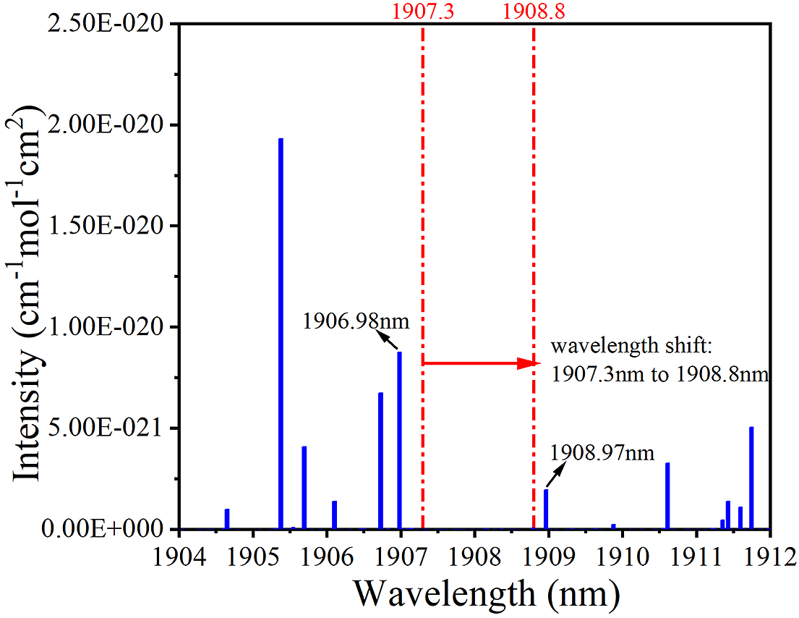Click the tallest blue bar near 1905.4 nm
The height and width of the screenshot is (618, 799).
pyautogui.click(x=281, y=333)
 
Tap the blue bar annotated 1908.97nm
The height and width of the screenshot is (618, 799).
pyautogui.click(x=546, y=509)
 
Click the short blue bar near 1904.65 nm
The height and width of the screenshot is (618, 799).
pyautogui.click(x=227, y=519)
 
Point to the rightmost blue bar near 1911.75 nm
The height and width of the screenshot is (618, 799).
pyautogui.click(x=751, y=478)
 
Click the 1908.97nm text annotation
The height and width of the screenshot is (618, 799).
pyautogui.click(x=602, y=454)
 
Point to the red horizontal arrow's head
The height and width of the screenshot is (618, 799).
pyautogui.click(x=530, y=363)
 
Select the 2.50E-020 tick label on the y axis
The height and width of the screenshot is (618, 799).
pyautogui.click(x=111, y=24)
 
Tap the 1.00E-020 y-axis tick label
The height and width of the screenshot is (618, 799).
pyautogui.click(x=111, y=327)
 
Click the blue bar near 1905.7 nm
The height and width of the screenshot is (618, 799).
pyautogui.click(x=304, y=488)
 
